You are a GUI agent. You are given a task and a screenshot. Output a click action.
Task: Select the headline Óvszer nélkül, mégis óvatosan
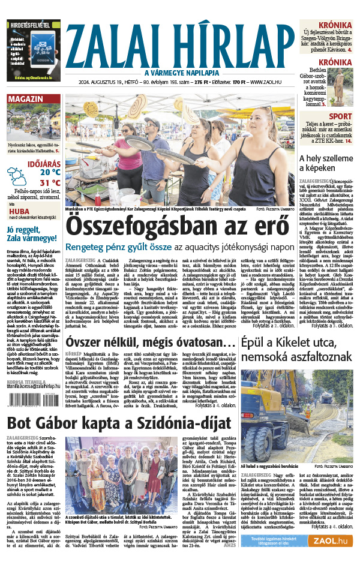pyautogui.click(x=150, y=341)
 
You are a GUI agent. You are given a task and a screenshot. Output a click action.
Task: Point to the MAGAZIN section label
pyautogui.click(x=25, y=98)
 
